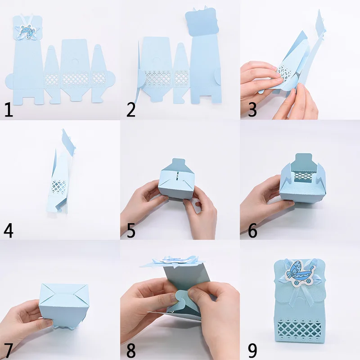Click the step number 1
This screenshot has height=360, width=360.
coord(9,110)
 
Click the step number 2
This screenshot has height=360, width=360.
coord(131,110)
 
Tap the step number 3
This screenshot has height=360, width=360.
coord(252,110)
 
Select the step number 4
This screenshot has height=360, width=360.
coord(9,230)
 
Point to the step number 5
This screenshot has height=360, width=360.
coord(131,230)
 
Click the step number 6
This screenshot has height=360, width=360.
coord(252,230)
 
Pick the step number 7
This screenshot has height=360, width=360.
coord(9,350)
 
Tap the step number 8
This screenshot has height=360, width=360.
coord(131,350)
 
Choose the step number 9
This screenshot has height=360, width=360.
coord(252,350)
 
